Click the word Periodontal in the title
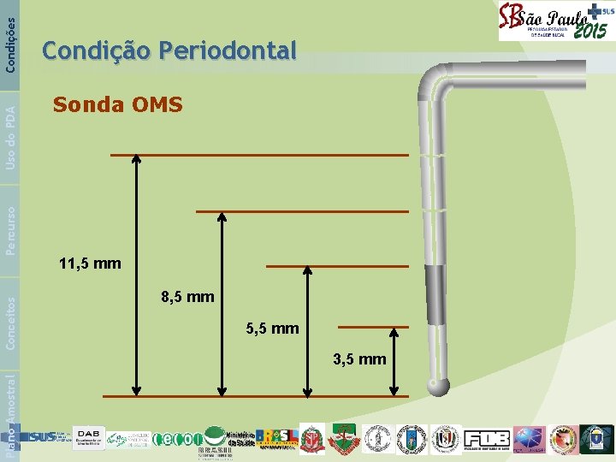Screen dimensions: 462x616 pyautogui.click(x=227, y=50)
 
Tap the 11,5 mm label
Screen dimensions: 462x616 pyautogui.click(x=90, y=264)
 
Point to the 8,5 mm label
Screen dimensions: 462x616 pyautogui.click(x=187, y=298)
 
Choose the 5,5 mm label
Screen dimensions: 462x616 pyautogui.click(x=271, y=328)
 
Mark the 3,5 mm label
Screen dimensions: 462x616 pyautogui.click(x=359, y=359)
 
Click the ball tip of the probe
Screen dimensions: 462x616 pyautogui.click(x=439, y=387)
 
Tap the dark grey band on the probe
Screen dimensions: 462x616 pyautogui.click(x=435, y=294)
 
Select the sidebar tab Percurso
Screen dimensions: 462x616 pyautogui.click(x=10, y=228)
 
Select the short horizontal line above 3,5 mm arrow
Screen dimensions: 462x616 pyautogui.click(x=373, y=327)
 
